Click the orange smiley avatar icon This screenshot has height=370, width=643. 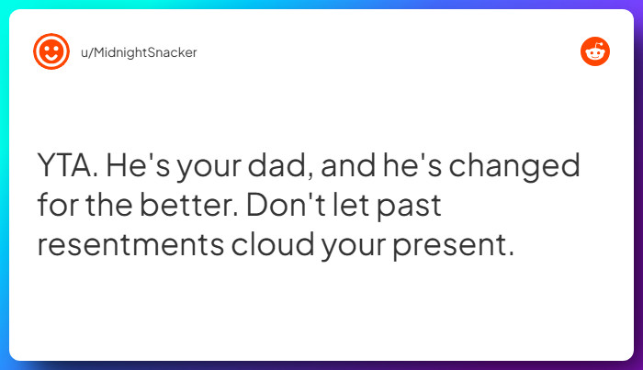[x=51, y=51]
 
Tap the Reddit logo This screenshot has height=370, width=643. [x=595, y=52]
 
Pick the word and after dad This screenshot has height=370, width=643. [x=352, y=168]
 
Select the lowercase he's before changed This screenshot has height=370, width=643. [x=419, y=168]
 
